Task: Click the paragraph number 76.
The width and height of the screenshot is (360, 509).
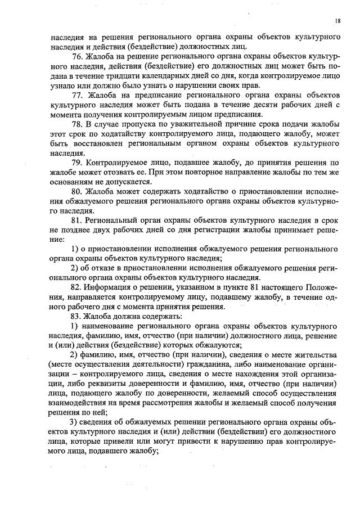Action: (x=77, y=58)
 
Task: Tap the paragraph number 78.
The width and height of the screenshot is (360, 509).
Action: (x=77, y=124)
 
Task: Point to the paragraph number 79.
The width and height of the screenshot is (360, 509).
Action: (x=77, y=163)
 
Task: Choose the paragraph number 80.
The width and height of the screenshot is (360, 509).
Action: (x=77, y=191)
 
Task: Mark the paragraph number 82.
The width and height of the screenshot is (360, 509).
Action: (x=77, y=288)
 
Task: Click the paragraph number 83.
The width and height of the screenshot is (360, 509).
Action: (x=77, y=317)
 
